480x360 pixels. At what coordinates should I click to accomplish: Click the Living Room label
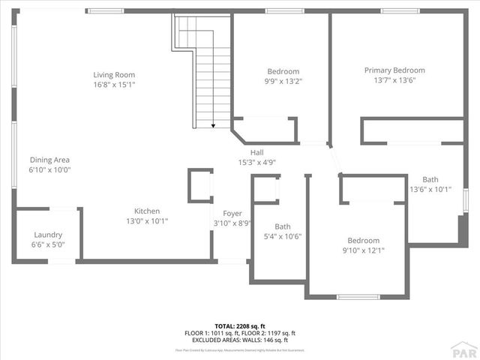tap(114, 74)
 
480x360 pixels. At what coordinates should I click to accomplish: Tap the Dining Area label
tap(50, 159)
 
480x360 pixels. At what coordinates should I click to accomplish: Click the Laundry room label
tap(46, 234)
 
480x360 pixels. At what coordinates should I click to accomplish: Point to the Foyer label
tap(232, 213)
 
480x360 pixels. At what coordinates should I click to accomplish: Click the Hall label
tap(256, 152)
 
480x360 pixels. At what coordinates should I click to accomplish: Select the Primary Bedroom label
tap(394, 70)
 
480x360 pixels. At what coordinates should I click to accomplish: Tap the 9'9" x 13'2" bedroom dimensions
tap(283, 81)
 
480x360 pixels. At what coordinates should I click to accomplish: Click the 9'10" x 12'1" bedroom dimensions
tap(363, 250)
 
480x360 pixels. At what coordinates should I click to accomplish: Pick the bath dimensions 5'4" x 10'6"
tap(283, 236)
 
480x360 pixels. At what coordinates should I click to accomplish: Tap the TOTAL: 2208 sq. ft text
tap(240, 326)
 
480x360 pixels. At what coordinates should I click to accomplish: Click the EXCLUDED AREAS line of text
tap(240, 340)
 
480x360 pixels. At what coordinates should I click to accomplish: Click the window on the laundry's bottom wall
tap(62, 261)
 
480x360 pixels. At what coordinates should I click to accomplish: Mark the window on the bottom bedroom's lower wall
tap(358, 297)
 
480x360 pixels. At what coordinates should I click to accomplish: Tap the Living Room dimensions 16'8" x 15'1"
tap(114, 85)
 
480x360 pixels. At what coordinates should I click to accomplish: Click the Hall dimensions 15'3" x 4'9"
tap(256, 163)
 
